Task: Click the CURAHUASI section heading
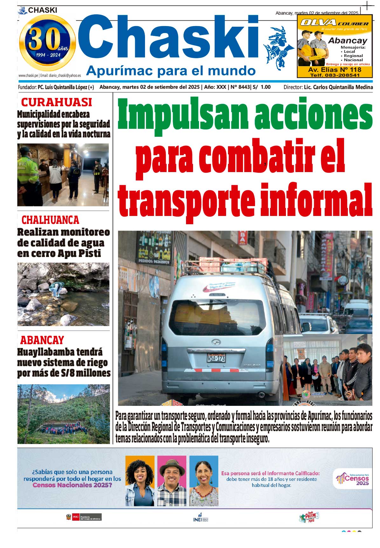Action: pyautogui.click(x=56, y=102)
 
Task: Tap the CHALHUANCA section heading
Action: pyautogui.click(x=50, y=220)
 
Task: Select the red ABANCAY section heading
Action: pyautogui.click(x=42, y=340)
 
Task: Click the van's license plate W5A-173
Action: pyautogui.click(x=216, y=358)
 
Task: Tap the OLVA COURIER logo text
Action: pyautogui.click(x=334, y=23)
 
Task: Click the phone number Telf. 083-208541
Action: pyautogui.click(x=335, y=75)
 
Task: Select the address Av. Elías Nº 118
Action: pyautogui.click(x=335, y=70)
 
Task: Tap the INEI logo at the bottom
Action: pyautogui.click(x=200, y=517)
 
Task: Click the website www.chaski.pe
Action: pyautogui.click(x=28, y=76)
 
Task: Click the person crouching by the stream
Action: pyautogui.click(x=56, y=289)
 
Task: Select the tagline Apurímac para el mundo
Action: pyautogui.click(x=171, y=71)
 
